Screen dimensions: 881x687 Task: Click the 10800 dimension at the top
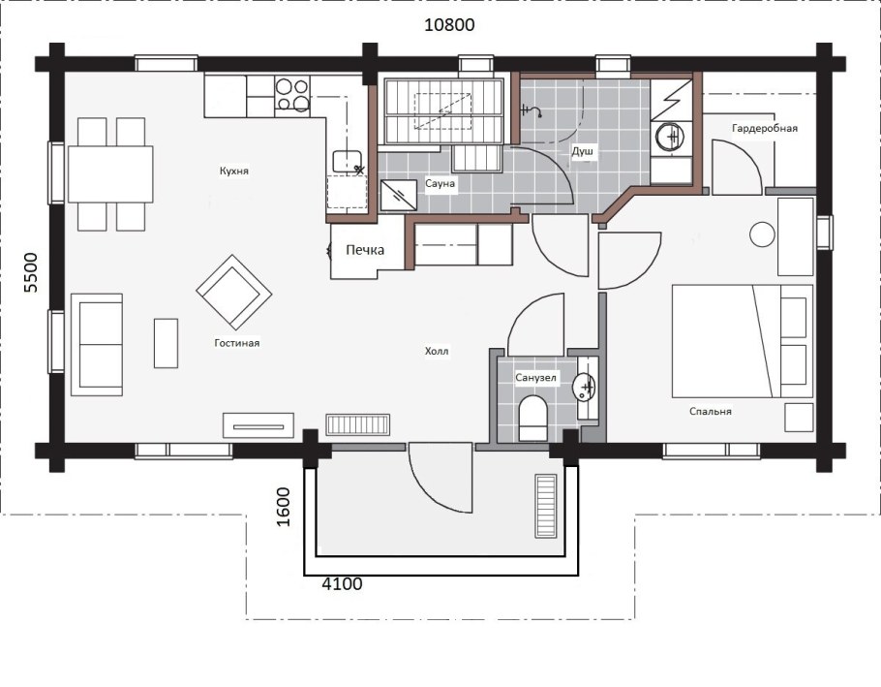(449, 25)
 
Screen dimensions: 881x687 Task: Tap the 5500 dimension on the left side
(31, 272)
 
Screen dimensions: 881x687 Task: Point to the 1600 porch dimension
(284, 507)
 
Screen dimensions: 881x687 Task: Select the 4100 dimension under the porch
(342, 584)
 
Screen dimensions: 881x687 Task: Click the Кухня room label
(234, 171)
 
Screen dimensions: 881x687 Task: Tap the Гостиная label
(237, 342)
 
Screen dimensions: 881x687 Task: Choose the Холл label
(437, 352)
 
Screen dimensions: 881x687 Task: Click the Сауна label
(440, 183)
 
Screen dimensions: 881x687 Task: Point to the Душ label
(583, 151)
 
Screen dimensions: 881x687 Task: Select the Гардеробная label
(765, 128)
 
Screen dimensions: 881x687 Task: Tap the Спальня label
(711, 412)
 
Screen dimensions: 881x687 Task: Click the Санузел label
(536, 378)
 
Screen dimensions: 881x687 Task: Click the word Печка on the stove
(365, 250)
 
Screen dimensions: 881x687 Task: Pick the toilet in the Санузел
(532, 419)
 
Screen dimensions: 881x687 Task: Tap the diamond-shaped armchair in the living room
(234, 293)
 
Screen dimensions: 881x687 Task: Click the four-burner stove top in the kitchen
(292, 94)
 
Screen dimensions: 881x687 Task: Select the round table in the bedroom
(762, 234)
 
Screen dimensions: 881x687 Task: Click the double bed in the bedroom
(743, 341)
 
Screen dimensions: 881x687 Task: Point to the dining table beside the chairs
(110, 173)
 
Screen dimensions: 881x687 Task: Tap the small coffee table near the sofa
(166, 343)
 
